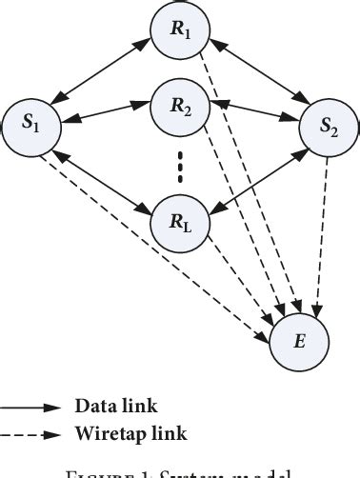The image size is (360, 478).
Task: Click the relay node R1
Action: [179, 30]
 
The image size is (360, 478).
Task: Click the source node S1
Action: [30, 125]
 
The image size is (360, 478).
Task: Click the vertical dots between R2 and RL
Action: [179, 169]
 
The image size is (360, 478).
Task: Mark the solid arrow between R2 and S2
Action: [253, 118]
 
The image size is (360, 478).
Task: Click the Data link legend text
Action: [112, 404]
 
